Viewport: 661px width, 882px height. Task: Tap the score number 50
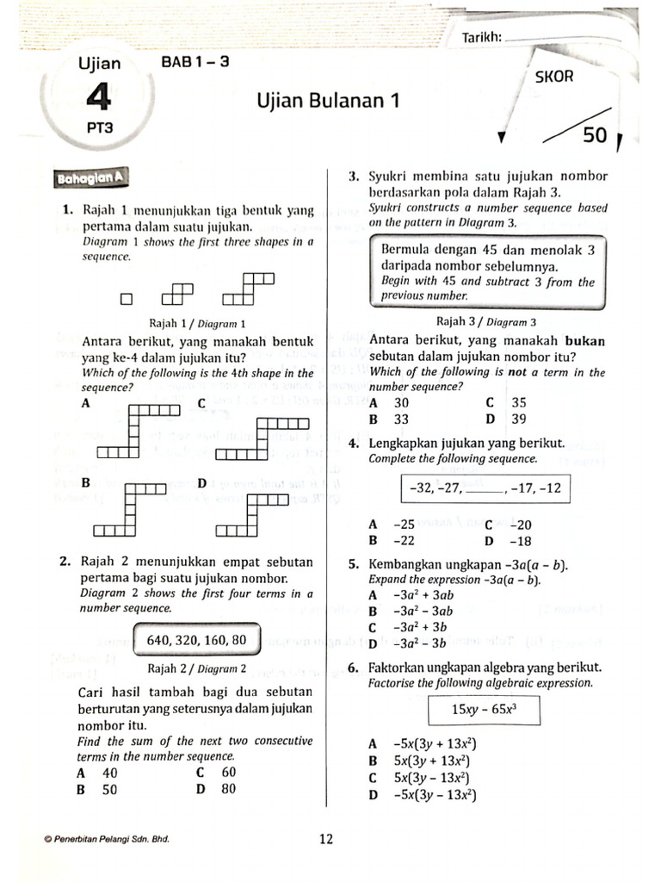595,135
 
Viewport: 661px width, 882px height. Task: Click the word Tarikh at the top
481,37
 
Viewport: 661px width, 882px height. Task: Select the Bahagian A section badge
90,178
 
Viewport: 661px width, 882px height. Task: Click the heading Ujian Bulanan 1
330,101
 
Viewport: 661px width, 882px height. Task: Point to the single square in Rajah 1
127,300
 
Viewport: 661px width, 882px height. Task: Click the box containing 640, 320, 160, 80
197,640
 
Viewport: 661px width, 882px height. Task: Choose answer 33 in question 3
401,419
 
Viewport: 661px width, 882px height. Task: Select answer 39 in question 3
518,419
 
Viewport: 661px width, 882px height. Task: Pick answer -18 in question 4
521,541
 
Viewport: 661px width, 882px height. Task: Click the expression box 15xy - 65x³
482,711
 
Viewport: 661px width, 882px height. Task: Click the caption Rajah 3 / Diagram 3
487,322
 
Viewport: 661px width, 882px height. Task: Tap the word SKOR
555,77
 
